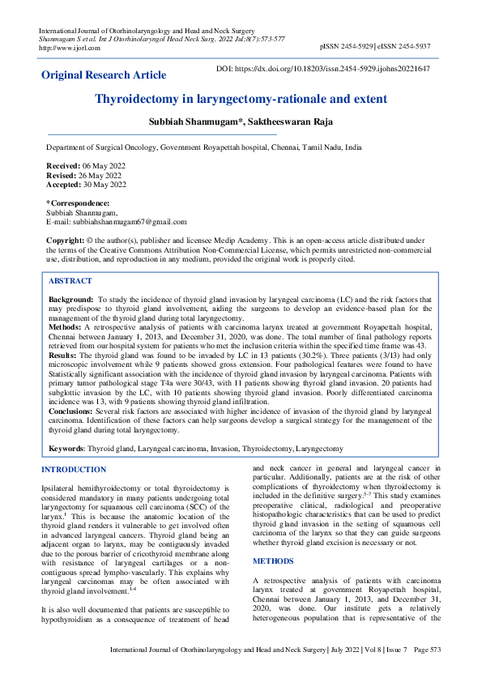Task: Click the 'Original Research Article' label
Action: point(104,75)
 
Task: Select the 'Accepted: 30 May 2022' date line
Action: point(83,184)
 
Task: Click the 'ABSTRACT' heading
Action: point(70,280)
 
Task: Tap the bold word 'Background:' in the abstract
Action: point(70,300)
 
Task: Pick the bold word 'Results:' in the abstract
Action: point(63,356)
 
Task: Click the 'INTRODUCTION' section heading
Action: point(73,470)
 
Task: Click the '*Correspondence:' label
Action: point(77,202)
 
